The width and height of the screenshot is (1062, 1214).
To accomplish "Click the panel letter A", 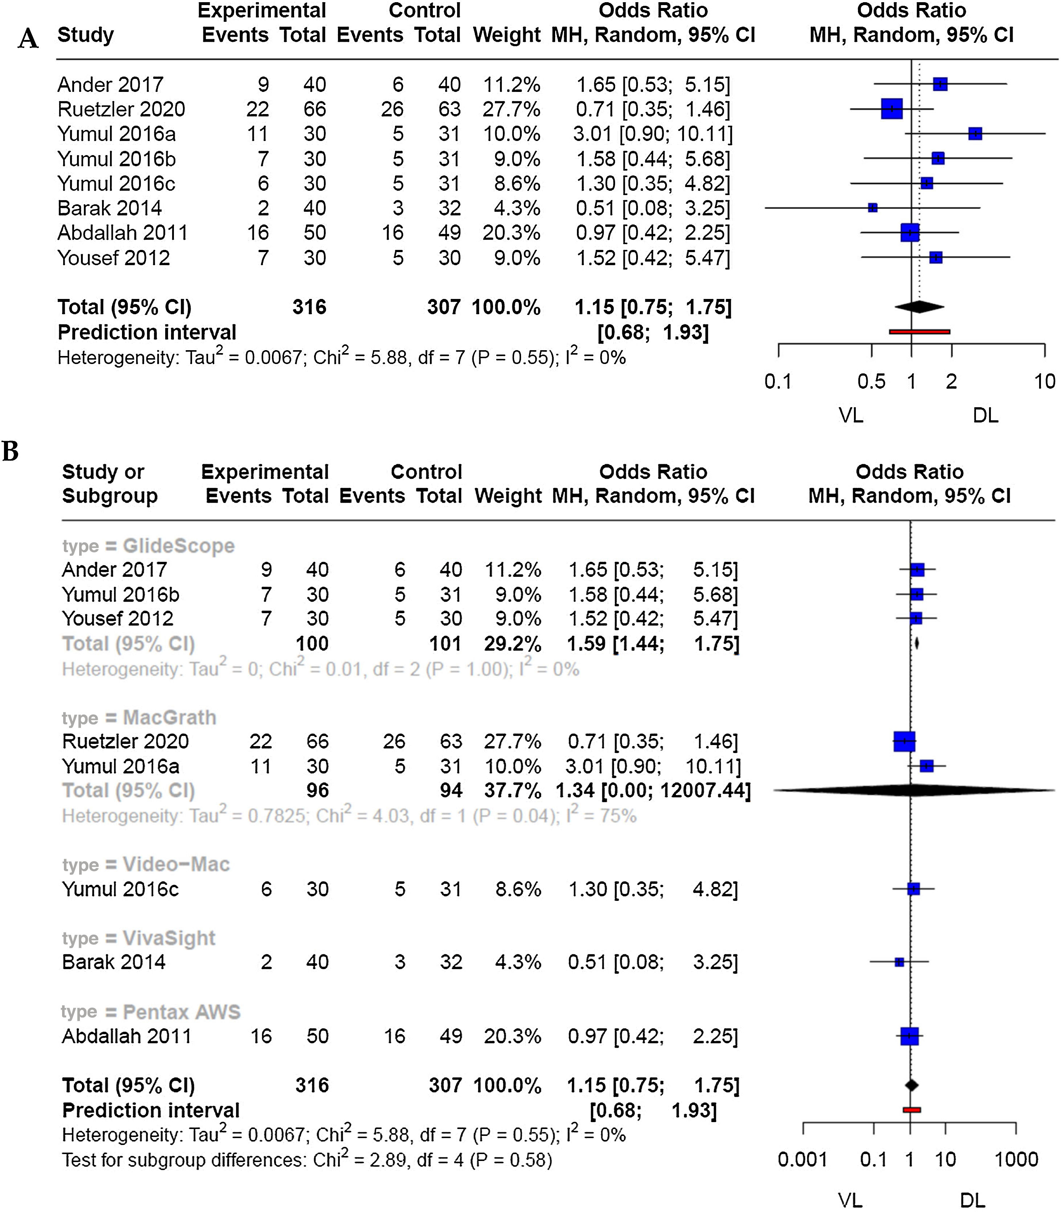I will click(28, 39).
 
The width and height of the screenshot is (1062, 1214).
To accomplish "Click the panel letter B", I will click(10, 451).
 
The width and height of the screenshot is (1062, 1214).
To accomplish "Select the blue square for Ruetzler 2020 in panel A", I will click(891, 109).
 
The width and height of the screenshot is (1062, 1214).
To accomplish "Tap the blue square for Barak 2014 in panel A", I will click(872, 207).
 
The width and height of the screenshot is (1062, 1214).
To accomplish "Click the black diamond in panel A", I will click(919, 307).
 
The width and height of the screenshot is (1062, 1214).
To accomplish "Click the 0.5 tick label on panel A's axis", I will click(871, 381).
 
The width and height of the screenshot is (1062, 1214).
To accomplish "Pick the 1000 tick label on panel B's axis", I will click(1016, 1159).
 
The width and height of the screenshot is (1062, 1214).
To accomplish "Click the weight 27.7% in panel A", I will click(511, 109).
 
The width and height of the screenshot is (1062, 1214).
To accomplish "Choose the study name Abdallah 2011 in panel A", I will click(122, 232).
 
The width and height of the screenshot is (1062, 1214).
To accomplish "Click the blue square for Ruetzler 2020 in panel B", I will click(904, 741).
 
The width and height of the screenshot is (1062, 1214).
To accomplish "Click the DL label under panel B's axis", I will click(972, 1200).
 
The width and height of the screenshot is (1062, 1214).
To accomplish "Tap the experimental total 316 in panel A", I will click(309, 307).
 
